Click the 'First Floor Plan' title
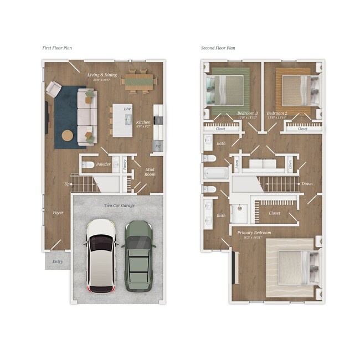[x=56, y=48]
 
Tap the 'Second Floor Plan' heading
[x=218, y=48]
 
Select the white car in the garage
[x=101, y=255]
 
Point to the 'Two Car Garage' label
[x=119, y=205]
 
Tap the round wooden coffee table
[x=68, y=136]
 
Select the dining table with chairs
[x=138, y=80]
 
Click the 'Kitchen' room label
[x=143, y=122]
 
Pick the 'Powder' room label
[x=104, y=164]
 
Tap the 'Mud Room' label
[x=150, y=172]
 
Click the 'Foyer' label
[x=58, y=213]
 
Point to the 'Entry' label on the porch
[x=58, y=261]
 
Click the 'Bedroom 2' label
[x=276, y=112]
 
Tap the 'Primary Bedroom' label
[x=254, y=233]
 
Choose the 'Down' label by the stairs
[x=307, y=183]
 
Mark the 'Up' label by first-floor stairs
[x=68, y=183]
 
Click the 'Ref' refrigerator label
[x=158, y=147]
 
